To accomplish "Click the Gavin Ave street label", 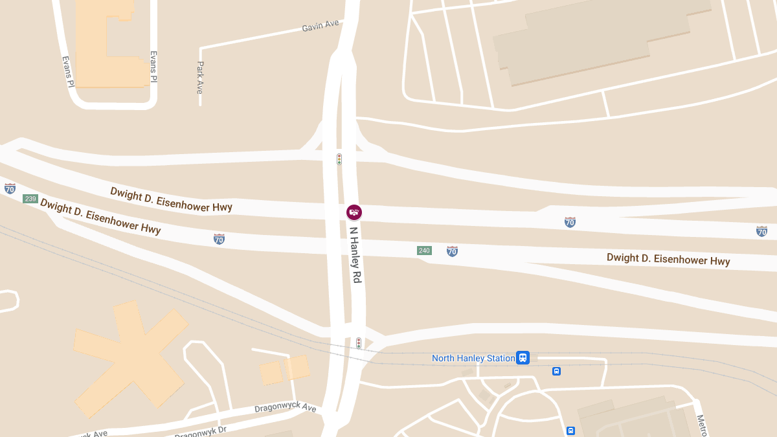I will [x=321, y=27].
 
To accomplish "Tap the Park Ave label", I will [x=200, y=78].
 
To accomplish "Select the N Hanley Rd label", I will [x=355, y=254].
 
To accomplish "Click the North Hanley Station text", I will [x=473, y=358].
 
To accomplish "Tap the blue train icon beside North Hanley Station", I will [x=523, y=357].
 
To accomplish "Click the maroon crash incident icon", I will [x=354, y=212].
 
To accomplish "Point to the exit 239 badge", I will [x=30, y=199].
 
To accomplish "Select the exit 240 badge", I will [x=424, y=251].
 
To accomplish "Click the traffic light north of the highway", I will [x=339, y=159].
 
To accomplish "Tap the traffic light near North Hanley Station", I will [x=358, y=342].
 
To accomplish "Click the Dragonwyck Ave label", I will [x=286, y=409].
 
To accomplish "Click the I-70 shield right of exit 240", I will [x=452, y=251].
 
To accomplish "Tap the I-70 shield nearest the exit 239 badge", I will [x=10, y=188].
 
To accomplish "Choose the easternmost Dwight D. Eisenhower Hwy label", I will [x=668, y=259].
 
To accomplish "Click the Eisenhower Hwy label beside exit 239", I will [x=100, y=216].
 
